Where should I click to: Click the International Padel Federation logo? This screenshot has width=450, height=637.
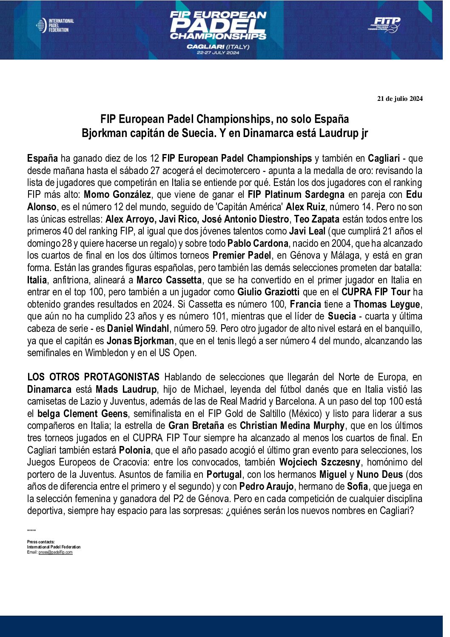[55, 26]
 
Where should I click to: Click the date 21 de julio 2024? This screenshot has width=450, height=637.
[400, 99]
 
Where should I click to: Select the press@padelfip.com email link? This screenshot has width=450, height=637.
[55, 552]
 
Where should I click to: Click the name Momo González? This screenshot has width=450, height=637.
[117, 195]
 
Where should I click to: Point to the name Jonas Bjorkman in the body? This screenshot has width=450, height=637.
[140, 341]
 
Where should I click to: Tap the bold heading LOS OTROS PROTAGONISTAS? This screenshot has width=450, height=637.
[93, 377]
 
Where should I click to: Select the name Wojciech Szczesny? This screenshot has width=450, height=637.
[320, 462]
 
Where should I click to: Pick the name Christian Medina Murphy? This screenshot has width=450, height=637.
[292, 426]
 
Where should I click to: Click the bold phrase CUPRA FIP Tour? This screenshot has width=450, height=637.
[376, 292]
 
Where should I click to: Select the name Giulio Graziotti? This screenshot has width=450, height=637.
[268, 292]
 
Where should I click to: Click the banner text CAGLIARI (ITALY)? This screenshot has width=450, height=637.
[218, 46]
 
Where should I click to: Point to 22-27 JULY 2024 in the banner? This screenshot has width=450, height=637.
[218, 53]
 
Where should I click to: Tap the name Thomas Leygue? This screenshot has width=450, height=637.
[387, 304]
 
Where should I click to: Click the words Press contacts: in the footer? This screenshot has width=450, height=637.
[41, 542]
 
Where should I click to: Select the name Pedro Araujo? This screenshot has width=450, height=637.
[266, 486]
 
